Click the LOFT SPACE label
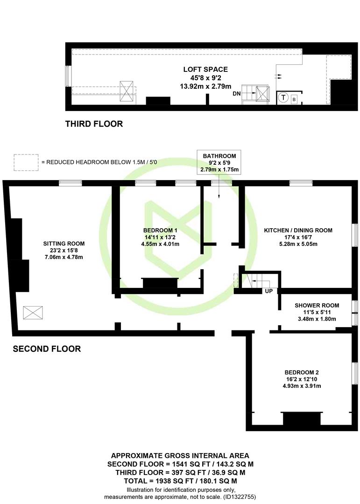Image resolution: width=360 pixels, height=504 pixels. pos(205,70)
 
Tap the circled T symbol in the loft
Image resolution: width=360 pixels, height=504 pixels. pos(283,97)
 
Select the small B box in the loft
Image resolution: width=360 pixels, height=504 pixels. pos(294,100)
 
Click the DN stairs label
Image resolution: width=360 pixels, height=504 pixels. pos(236,94)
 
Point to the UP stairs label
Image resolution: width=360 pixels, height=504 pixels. pos(268,291)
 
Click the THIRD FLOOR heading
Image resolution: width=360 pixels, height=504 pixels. pos(94,124)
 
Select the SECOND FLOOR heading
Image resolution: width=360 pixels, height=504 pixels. pos(47,349)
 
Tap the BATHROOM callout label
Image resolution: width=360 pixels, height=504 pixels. pos(219,156)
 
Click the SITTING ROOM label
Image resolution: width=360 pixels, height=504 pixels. pos(64,244)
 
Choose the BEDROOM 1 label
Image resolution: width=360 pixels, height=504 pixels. pos(160,231)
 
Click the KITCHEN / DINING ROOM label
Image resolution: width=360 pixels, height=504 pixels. pos(298,231)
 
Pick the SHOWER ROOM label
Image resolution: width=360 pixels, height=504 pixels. pos(317,305)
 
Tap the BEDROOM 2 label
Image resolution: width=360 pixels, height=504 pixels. pos(302,372)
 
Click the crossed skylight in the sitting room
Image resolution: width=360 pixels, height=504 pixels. pos(33,313)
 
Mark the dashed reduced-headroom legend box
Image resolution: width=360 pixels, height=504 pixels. pos(26,162)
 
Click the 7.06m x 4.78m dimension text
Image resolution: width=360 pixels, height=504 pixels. pos(64,257)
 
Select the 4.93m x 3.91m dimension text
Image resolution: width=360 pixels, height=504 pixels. pos(302,386)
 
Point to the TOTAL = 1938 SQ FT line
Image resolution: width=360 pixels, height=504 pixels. pos(181,481)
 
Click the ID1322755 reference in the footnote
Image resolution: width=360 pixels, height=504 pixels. pos(240,497)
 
